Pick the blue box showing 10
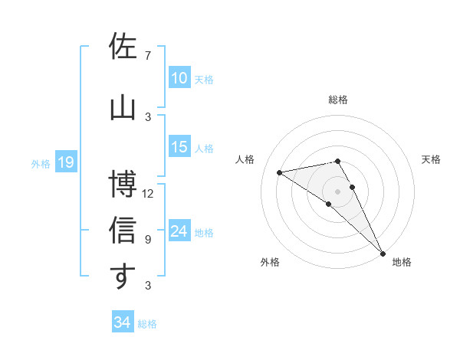[179, 78]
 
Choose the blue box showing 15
[179, 148]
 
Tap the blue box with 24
[179, 232]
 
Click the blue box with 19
[66, 162]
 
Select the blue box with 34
[123, 322]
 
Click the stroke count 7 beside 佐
[148, 56]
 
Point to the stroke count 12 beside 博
[148, 194]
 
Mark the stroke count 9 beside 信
[148, 240]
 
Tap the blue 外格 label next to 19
[41, 163]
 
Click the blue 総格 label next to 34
[147, 324]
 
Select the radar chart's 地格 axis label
[402, 263]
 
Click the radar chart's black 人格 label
[245, 159]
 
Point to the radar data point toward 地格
[383, 254]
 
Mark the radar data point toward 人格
[280, 172]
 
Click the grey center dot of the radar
[337, 191]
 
